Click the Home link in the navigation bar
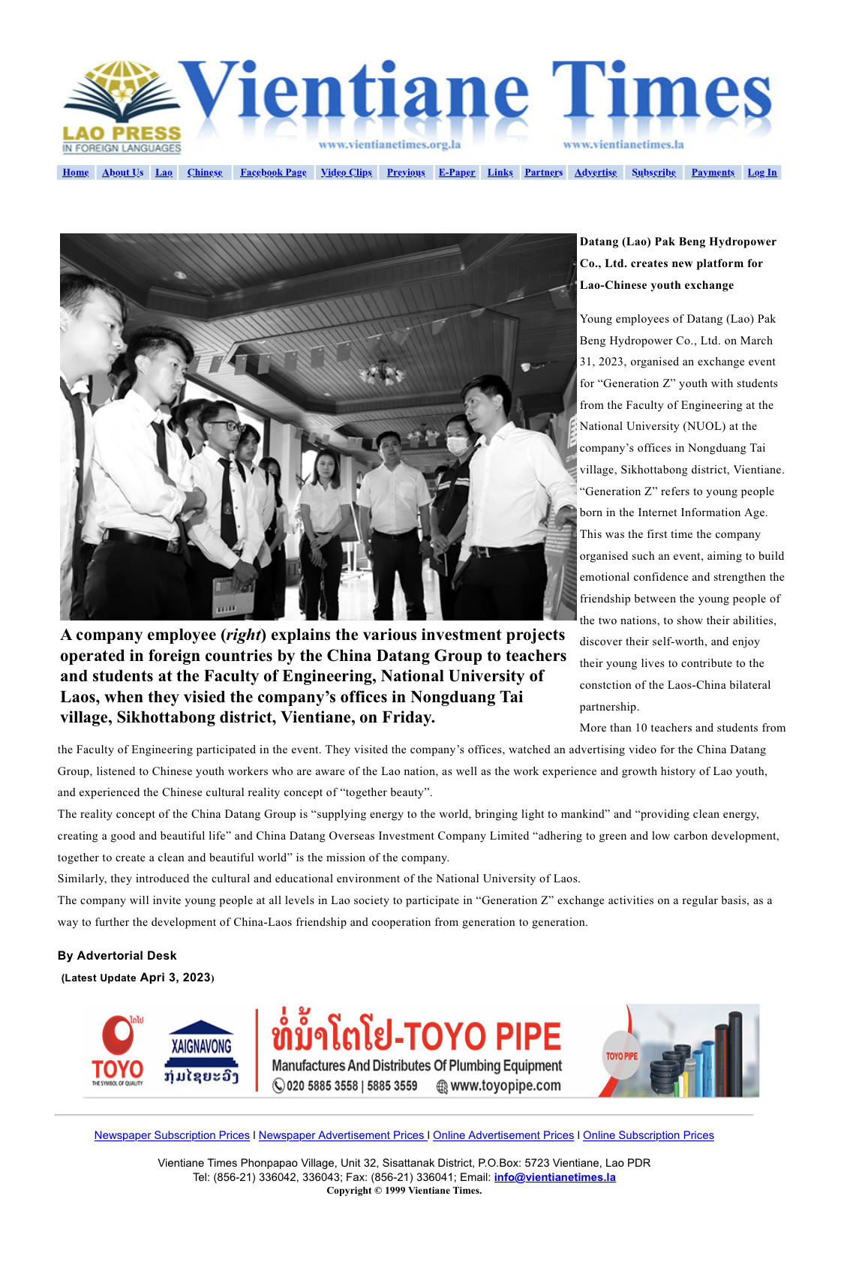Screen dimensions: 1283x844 pos(76,173)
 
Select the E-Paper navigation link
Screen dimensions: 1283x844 pos(457,173)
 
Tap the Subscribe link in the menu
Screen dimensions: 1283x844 pos(653,173)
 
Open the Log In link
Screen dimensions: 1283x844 pos(762,173)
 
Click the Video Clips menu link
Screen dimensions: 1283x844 pos(346,173)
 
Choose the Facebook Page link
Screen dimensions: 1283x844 pos(273,173)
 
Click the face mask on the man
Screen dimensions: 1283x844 pos(457,444)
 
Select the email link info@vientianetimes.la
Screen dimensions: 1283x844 pos(554,1177)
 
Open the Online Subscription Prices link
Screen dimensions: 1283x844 pos(648,1135)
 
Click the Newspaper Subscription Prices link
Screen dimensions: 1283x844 pos(172,1135)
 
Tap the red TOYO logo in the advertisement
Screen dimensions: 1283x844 pos(118,1050)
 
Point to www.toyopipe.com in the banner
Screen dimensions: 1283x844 pos(505,1086)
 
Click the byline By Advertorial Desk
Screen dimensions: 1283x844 pos(117,955)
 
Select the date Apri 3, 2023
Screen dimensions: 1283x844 pos(176,977)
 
